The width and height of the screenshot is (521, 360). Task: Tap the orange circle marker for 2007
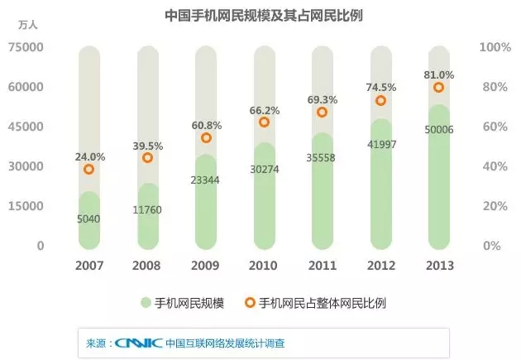coord(89,170)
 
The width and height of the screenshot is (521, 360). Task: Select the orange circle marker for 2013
coord(438,88)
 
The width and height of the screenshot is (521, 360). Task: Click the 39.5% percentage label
coord(147,146)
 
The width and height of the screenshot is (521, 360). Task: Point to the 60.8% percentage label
coord(206,126)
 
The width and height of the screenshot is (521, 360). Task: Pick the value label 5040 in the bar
coord(89,219)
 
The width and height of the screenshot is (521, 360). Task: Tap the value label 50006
coord(438,131)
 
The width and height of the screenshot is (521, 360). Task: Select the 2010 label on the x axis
coord(264,266)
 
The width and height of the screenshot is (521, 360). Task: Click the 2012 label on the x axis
coord(380,266)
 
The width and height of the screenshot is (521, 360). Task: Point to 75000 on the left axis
coord(27,48)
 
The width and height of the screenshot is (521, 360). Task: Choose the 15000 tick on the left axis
coord(27,206)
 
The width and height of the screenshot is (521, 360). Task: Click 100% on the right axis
coord(495,48)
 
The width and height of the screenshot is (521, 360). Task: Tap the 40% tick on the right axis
coord(494,166)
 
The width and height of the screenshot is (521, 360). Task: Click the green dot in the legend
coord(146,303)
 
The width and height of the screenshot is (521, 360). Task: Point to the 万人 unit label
coord(27,25)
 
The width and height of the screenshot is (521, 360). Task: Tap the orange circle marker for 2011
coord(322,113)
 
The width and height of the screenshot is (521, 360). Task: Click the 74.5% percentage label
coord(380,86)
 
